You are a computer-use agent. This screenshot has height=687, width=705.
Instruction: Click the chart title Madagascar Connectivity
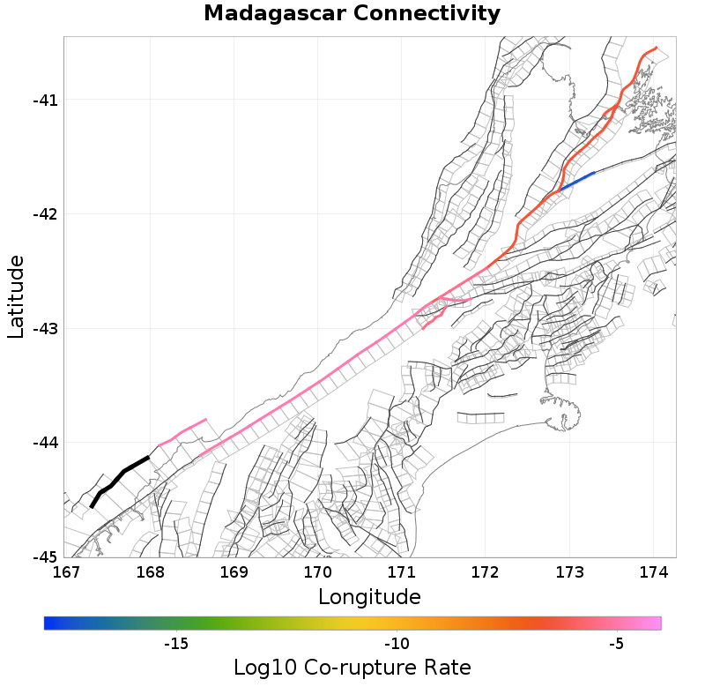(352, 14)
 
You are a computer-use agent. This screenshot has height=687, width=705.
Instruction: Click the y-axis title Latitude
(15, 296)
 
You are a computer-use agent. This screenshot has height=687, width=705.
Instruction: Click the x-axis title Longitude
(369, 597)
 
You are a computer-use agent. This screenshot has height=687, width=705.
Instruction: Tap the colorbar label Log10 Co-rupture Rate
(352, 667)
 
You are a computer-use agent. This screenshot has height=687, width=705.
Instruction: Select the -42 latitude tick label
(45, 214)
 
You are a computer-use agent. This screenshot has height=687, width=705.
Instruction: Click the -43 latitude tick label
(45, 329)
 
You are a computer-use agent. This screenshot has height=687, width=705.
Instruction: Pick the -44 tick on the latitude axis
(45, 443)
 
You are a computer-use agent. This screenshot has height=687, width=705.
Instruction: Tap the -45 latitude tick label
(45, 557)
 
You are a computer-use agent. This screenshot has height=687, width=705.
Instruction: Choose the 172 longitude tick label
(486, 572)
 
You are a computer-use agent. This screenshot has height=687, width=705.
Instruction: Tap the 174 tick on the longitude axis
(653, 572)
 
